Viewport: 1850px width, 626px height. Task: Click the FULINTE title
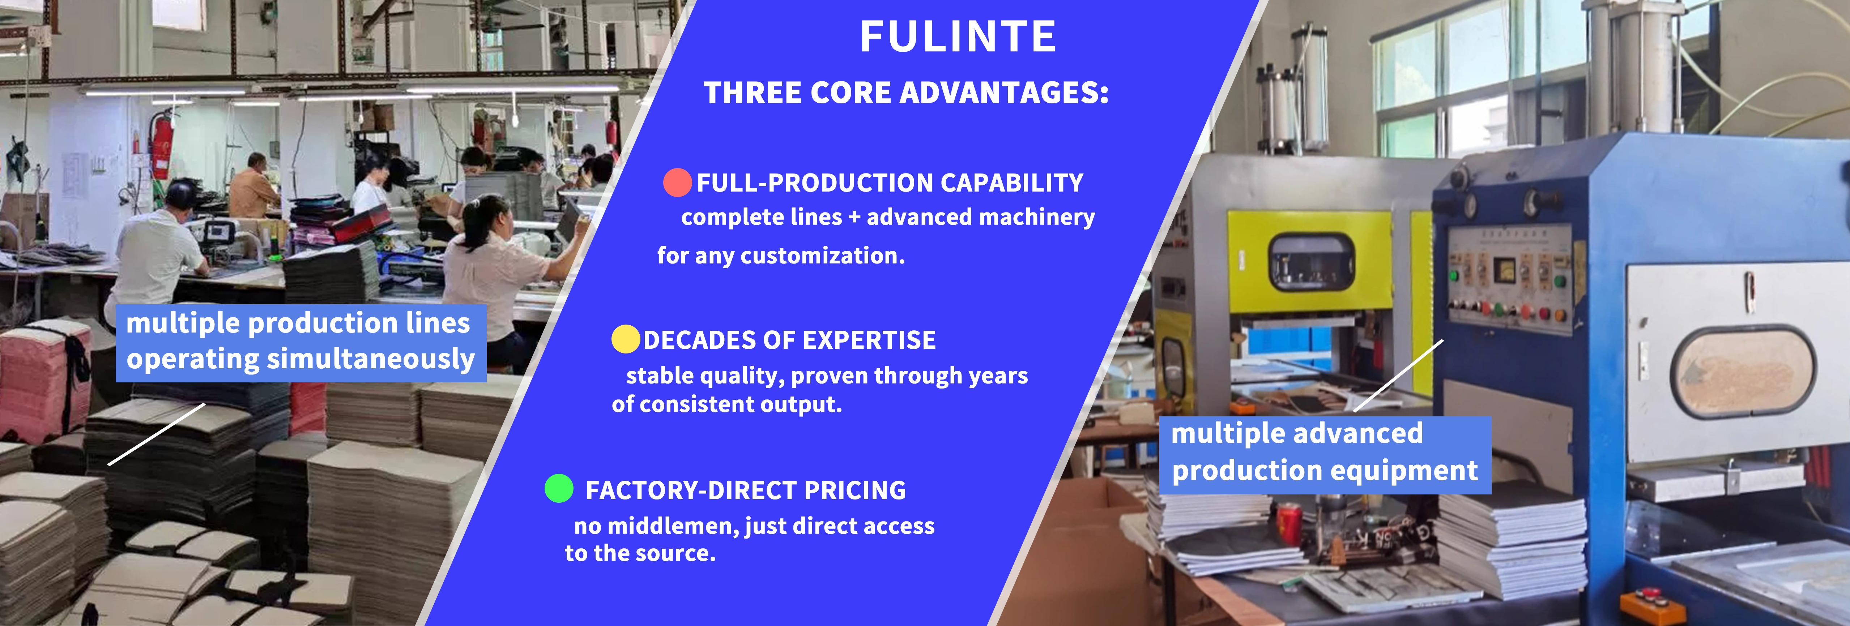[x=958, y=37]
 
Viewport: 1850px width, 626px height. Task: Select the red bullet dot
[x=677, y=183]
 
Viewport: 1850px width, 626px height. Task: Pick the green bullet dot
[x=559, y=488]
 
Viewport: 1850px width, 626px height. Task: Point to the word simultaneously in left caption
[x=371, y=359]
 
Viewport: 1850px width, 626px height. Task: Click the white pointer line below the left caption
[x=157, y=434]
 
